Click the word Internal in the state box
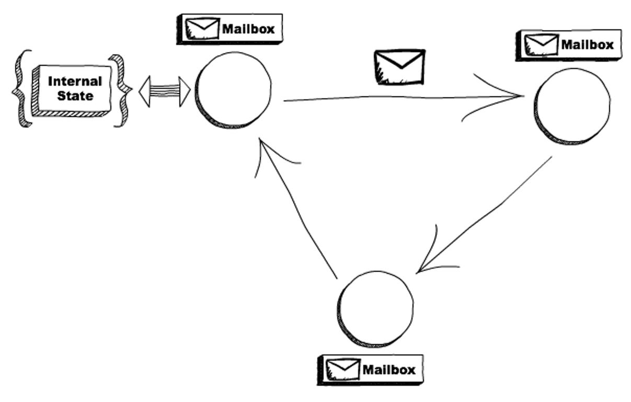75,82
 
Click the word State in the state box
75,96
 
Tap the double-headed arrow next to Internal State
164,92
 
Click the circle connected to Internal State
234,89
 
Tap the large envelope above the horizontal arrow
400,67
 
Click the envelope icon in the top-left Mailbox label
203,29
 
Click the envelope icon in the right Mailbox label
542,45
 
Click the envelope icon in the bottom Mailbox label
343,370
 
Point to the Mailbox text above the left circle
248,29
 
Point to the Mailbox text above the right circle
587,45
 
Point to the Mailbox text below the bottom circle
388,370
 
